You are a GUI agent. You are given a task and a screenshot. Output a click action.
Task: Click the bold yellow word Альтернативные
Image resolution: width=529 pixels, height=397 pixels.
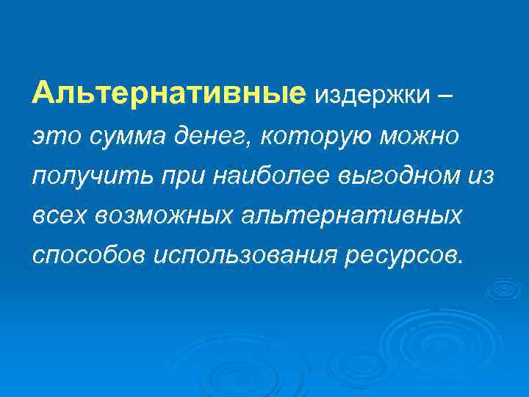tap(168, 94)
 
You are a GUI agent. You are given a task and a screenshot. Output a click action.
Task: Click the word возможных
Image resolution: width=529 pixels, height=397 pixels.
tap(161, 216)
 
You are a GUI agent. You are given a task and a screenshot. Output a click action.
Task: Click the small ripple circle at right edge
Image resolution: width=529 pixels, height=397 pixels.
tap(504, 289)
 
